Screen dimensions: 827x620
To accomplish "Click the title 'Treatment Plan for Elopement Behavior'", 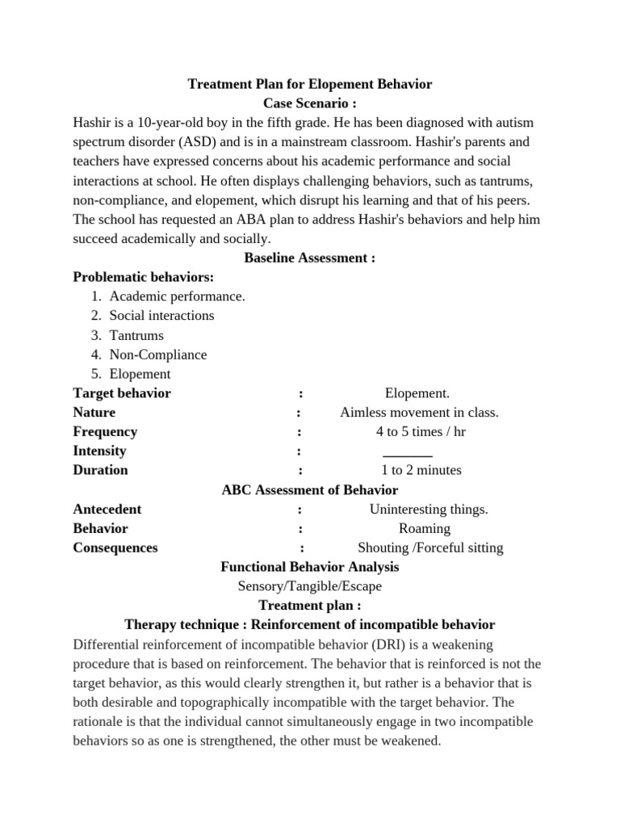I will click(x=310, y=84).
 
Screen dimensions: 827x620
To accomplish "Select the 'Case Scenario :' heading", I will click(x=310, y=103).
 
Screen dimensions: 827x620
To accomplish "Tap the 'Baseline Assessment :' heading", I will click(x=310, y=258).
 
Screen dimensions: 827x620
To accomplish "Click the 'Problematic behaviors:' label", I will click(x=144, y=277).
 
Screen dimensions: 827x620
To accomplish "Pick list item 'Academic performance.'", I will click(x=178, y=296).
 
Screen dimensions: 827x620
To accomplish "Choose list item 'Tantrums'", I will click(x=136, y=335).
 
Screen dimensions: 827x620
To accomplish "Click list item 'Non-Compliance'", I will click(x=158, y=355).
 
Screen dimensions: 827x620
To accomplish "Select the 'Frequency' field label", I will click(x=105, y=431).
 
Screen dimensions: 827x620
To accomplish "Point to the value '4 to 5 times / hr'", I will click(x=421, y=431).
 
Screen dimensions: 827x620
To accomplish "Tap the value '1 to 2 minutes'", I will click(x=421, y=470).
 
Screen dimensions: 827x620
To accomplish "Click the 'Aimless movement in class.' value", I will click(x=419, y=413).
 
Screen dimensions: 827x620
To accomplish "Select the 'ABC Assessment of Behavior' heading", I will click(x=310, y=489).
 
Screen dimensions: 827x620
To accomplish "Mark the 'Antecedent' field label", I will click(x=107, y=509).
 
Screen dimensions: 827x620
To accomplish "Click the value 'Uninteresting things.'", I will click(x=429, y=509).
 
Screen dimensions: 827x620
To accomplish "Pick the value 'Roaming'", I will click(x=425, y=528).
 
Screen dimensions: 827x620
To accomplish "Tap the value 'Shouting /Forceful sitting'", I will click(x=430, y=548).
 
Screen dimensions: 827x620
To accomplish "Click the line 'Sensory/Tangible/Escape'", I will click(x=310, y=586).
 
